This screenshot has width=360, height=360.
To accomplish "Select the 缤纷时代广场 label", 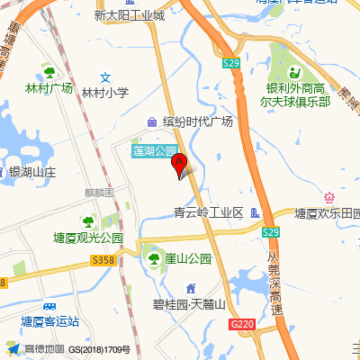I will (198, 121).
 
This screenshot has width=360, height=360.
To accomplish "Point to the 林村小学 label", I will (105, 92).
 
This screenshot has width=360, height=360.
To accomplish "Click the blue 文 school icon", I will (105, 77).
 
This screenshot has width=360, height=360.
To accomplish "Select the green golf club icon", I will (294, 73).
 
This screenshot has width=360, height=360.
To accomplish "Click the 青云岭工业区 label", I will (209, 213).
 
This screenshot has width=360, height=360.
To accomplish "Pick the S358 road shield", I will (103, 260).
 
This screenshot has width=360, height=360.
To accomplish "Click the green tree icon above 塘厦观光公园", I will (87, 222).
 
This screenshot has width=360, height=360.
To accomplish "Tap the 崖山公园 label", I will (187, 258).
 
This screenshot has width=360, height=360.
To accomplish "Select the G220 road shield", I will (241, 323).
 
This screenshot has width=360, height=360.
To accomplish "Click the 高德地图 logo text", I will (42, 349).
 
